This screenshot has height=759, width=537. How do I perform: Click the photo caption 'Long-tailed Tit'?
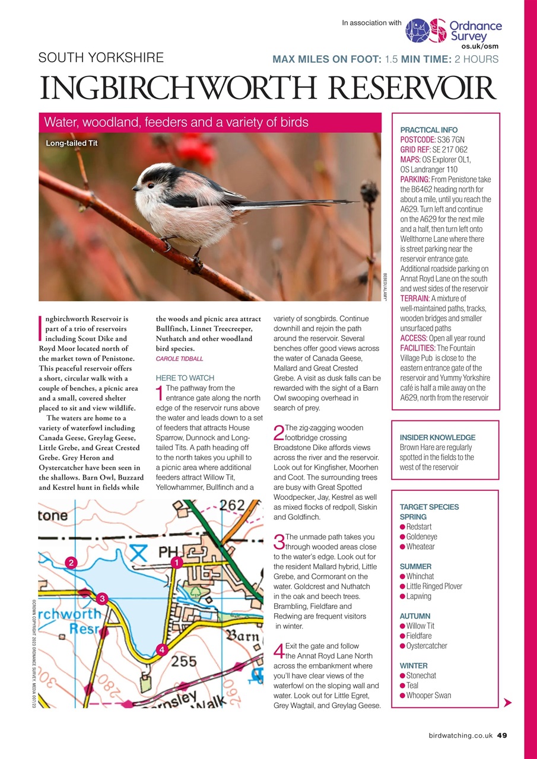tap(72, 143)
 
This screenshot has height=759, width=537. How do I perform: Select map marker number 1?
tap(176, 562)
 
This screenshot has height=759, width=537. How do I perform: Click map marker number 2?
tap(71, 562)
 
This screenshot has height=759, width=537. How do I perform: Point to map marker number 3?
tap(102, 598)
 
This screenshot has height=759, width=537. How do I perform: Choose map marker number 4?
tap(161, 650)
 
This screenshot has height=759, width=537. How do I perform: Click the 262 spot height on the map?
tap(232, 506)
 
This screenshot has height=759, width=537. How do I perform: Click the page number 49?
tap(501, 735)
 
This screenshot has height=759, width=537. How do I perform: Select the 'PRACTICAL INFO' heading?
tap(429, 130)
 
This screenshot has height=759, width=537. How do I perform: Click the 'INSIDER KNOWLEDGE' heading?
tap(437, 438)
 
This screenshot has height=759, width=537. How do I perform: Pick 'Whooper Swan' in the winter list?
tap(428, 696)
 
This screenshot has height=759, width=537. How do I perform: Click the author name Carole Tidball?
tap(179, 359)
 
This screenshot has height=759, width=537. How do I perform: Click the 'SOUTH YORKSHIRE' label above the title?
tap(101, 58)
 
